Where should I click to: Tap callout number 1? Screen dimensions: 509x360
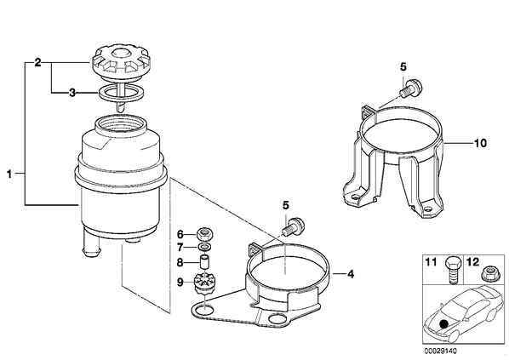9,174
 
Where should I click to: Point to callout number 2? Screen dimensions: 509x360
37,62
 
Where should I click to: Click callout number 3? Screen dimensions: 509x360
72,93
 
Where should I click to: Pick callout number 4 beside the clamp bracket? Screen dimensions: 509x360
351,274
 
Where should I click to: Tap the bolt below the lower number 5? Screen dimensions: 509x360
293,226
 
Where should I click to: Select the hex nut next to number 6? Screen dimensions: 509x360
204,233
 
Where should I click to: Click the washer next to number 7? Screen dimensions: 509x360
204,248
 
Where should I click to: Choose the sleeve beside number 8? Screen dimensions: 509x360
204,262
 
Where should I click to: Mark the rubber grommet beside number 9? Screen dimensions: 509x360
204,283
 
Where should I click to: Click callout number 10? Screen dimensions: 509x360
480,143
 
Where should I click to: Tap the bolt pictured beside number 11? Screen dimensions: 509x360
452,269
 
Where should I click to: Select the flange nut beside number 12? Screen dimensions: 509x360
488,273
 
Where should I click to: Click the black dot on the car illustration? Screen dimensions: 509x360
443,323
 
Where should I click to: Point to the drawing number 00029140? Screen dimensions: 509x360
441,351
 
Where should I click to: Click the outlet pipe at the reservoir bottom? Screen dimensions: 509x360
92,242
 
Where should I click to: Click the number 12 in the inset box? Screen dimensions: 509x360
472,261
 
